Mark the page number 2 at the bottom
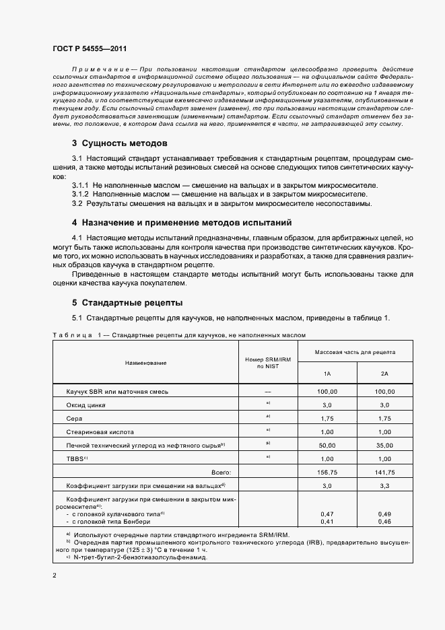[x=54, y=575]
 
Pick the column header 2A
[x=384, y=374]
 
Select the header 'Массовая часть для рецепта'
[x=355, y=352]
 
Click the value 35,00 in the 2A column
[x=384, y=445]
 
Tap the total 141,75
[x=384, y=473]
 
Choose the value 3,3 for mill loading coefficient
[x=384, y=485]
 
